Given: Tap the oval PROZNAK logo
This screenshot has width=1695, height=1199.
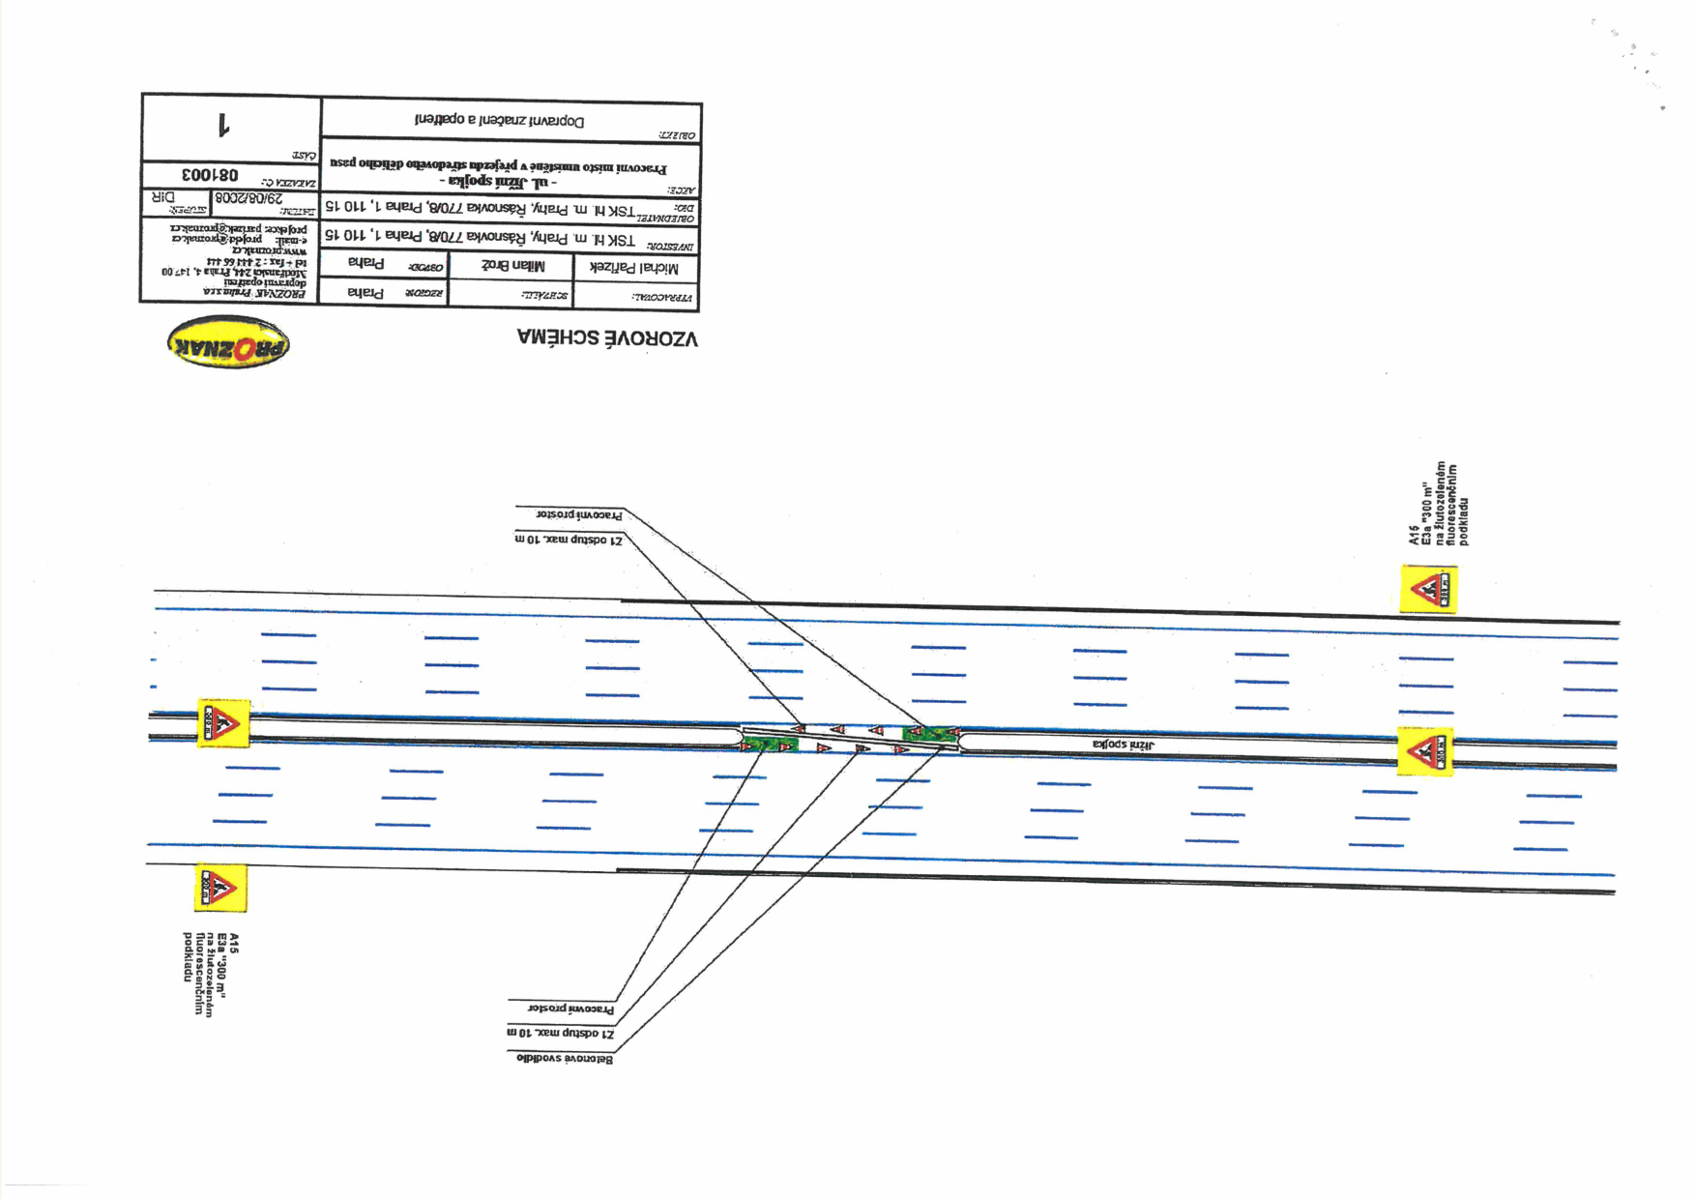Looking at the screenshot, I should coord(228,343).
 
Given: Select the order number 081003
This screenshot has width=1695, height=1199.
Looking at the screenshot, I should coord(210,176).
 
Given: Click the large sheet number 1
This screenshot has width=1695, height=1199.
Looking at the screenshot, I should coord(223,126).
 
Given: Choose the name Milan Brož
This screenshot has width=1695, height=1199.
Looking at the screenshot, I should coord(512,266).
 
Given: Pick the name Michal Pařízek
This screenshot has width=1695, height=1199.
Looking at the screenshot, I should coord(633,269).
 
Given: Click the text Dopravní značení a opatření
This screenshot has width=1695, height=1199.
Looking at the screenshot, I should coord(500,121).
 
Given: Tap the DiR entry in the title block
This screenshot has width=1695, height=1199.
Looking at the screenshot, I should coord(163,197).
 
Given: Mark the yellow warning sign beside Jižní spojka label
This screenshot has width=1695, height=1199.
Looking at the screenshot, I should coord(1424,751).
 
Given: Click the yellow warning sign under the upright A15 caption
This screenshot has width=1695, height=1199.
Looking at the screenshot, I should coord(1428,589).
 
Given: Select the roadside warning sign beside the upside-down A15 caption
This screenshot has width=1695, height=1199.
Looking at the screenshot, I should coord(220,887).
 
